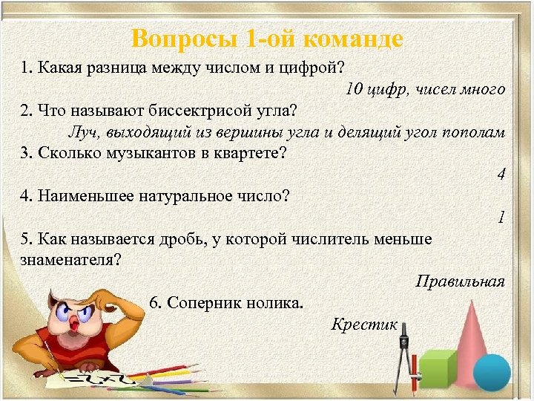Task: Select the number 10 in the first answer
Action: [x=354, y=89]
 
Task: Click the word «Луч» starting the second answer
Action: [x=79, y=132]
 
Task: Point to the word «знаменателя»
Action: [x=70, y=260]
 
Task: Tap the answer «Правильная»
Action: [x=460, y=281]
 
